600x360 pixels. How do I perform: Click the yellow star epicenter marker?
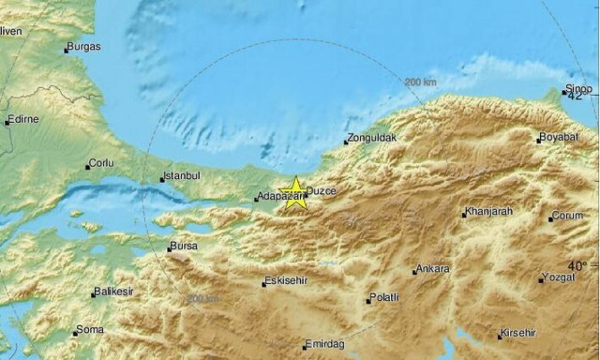click(294, 192)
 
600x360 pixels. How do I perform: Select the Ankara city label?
click(433, 269)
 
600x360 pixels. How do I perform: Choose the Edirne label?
click(23, 120)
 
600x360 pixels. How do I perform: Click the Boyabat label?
click(559, 138)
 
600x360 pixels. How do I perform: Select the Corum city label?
click(568, 217)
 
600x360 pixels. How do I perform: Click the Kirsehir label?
click(518, 334)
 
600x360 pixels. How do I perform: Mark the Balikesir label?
click(112, 292)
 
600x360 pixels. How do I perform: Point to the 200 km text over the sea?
click(421, 82)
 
